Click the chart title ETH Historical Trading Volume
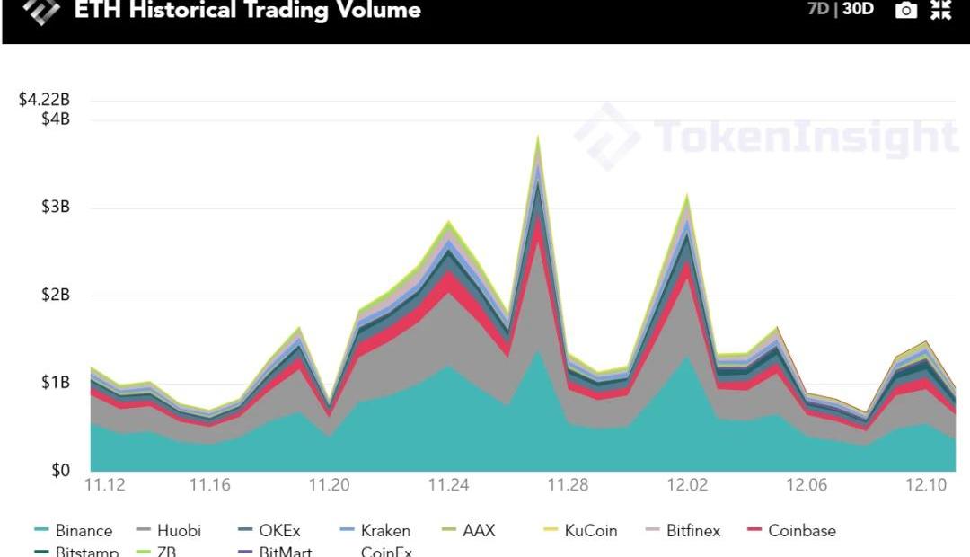click(247, 12)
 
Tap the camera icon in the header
click(906, 11)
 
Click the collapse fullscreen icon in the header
click(940, 11)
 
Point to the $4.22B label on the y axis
click(44, 100)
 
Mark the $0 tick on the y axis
click(58, 471)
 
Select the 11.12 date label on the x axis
click(105, 485)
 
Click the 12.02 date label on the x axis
click(687, 485)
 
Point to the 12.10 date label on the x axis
click(926, 485)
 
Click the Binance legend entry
click(84, 530)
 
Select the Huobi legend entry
click(179, 530)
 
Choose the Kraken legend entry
click(385, 530)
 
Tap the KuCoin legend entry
click(591, 530)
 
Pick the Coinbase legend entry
click(801, 530)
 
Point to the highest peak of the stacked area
click(538, 137)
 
